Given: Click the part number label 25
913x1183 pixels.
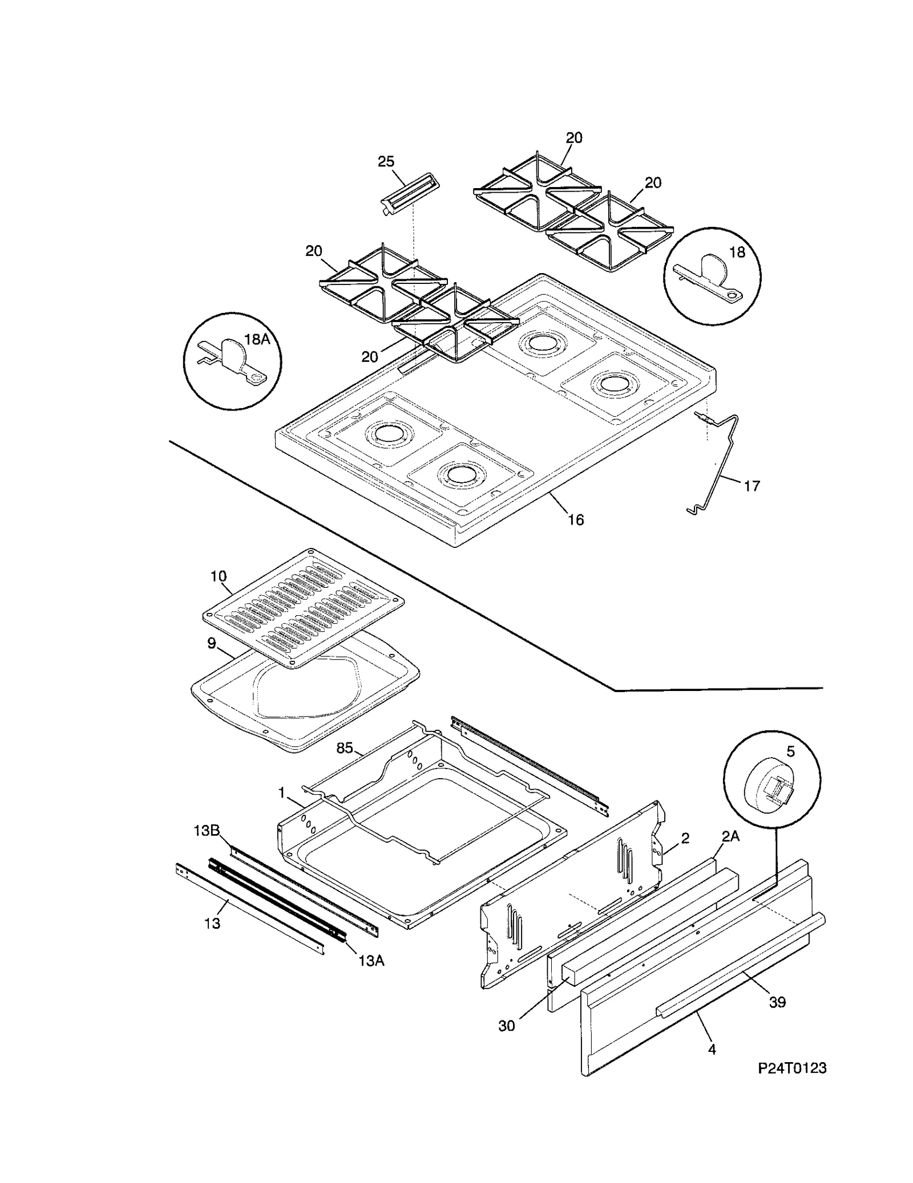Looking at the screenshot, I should click(x=386, y=162).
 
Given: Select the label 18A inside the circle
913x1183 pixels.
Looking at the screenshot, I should click(x=257, y=340).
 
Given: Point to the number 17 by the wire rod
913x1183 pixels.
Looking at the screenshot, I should click(x=752, y=486).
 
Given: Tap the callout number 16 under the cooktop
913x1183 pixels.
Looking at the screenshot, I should click(x=576, y=519).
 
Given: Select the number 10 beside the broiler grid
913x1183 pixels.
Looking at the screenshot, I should click(x=218, y=576).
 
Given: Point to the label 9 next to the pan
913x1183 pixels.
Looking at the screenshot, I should click(x=211, y=644).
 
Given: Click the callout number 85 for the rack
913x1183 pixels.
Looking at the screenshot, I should click(x=345, y=748).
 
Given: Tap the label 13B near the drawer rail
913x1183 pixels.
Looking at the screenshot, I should click(x=207, y=831).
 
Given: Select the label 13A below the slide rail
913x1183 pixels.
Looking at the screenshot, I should click(x=371, y=961).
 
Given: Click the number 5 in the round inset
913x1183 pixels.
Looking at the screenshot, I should click(x=790, y=752).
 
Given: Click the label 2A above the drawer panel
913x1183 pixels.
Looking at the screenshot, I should click(x=730, y=836).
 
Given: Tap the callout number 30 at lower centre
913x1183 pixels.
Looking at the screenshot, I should click(x=506, y=1026).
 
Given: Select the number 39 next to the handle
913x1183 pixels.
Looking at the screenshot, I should click(x=777, y=1002).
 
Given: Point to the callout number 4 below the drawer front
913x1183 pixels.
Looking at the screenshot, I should click(x=712, y=1049).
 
